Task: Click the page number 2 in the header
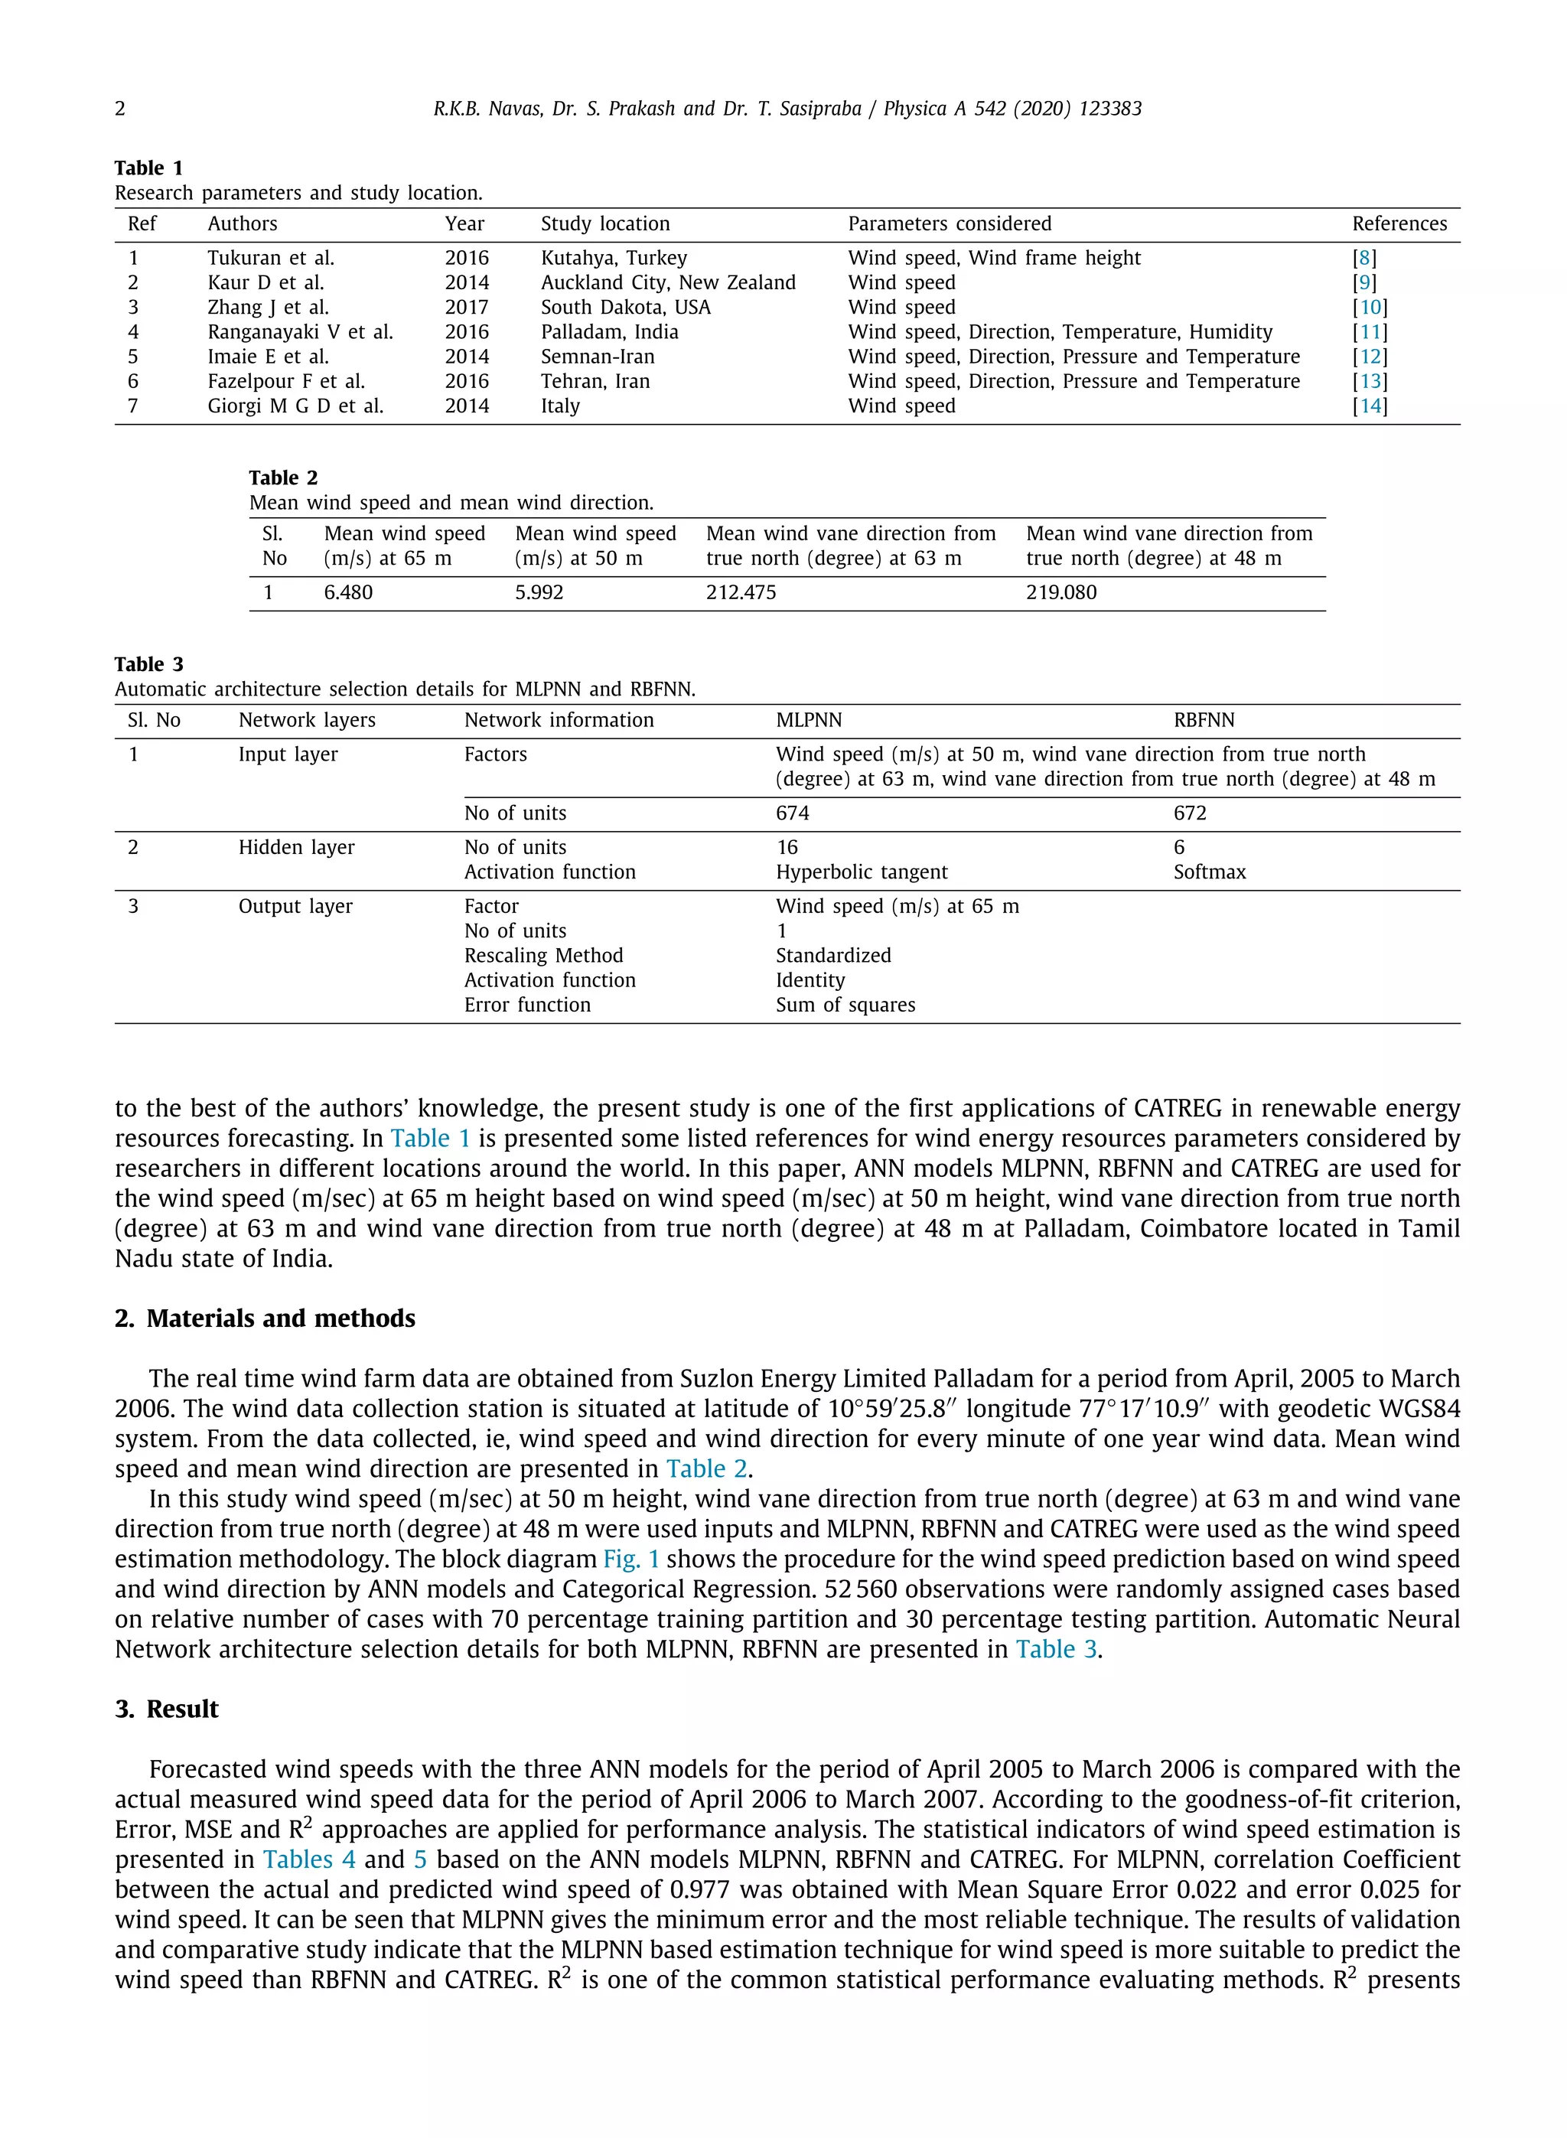pos(120,109)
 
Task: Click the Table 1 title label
pos(149,168)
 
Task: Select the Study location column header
pos(605,224)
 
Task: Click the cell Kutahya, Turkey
pos(614,258)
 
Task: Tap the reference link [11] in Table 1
pos(1370,332)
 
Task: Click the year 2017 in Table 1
pos(467,308)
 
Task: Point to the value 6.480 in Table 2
pos(348,593)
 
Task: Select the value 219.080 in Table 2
pos(1060,593)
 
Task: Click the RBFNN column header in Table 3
pos(1204,720)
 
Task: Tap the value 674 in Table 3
pos(792,813)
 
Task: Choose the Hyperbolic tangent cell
pos(862,872)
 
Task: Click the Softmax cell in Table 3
pos(1210,872)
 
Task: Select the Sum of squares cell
pos(845,1005)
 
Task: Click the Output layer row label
pos(295,906)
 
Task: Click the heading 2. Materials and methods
pos(266,1318)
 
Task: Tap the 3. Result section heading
pos(167,1709)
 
